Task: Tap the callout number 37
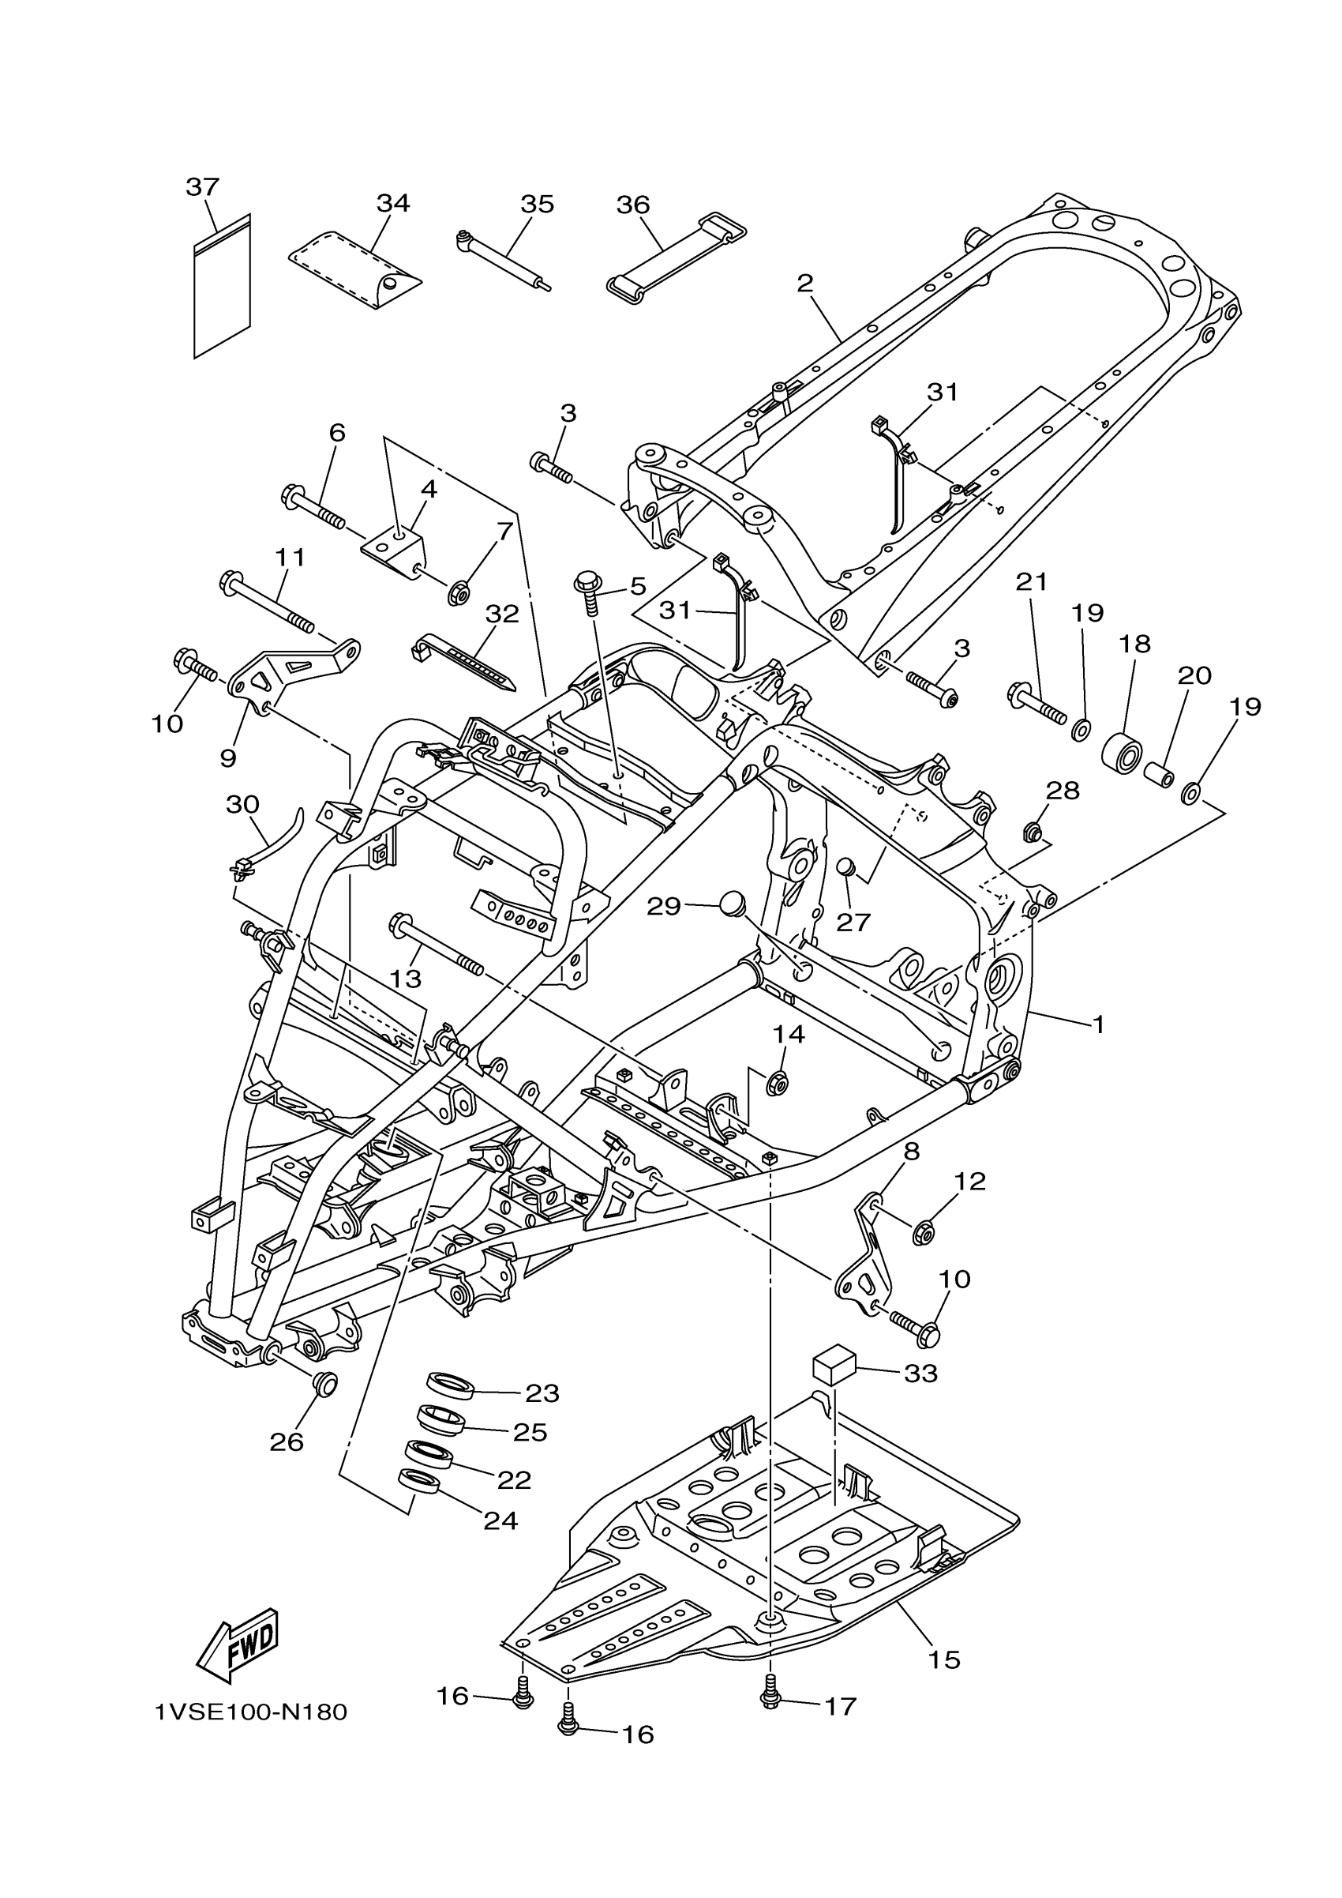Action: point(202,187)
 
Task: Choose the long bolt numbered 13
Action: point(437,943)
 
